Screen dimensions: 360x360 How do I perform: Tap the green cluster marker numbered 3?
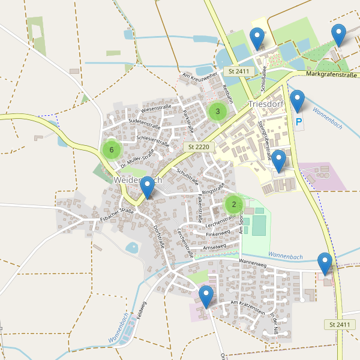(x=217, y=111)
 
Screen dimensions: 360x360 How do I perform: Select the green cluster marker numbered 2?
(x=233, y=204)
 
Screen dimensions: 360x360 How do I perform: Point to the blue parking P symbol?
(x=299, y=122)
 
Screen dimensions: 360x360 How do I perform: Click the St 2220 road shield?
(x=197, y=146)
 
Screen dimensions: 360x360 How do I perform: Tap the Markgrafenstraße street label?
(x=332, y=74)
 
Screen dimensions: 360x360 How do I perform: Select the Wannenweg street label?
(x=252, y=262)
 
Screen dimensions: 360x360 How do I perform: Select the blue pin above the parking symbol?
(x=297, y=101)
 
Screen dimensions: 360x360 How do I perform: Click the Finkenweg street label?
(x=218, y=233)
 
